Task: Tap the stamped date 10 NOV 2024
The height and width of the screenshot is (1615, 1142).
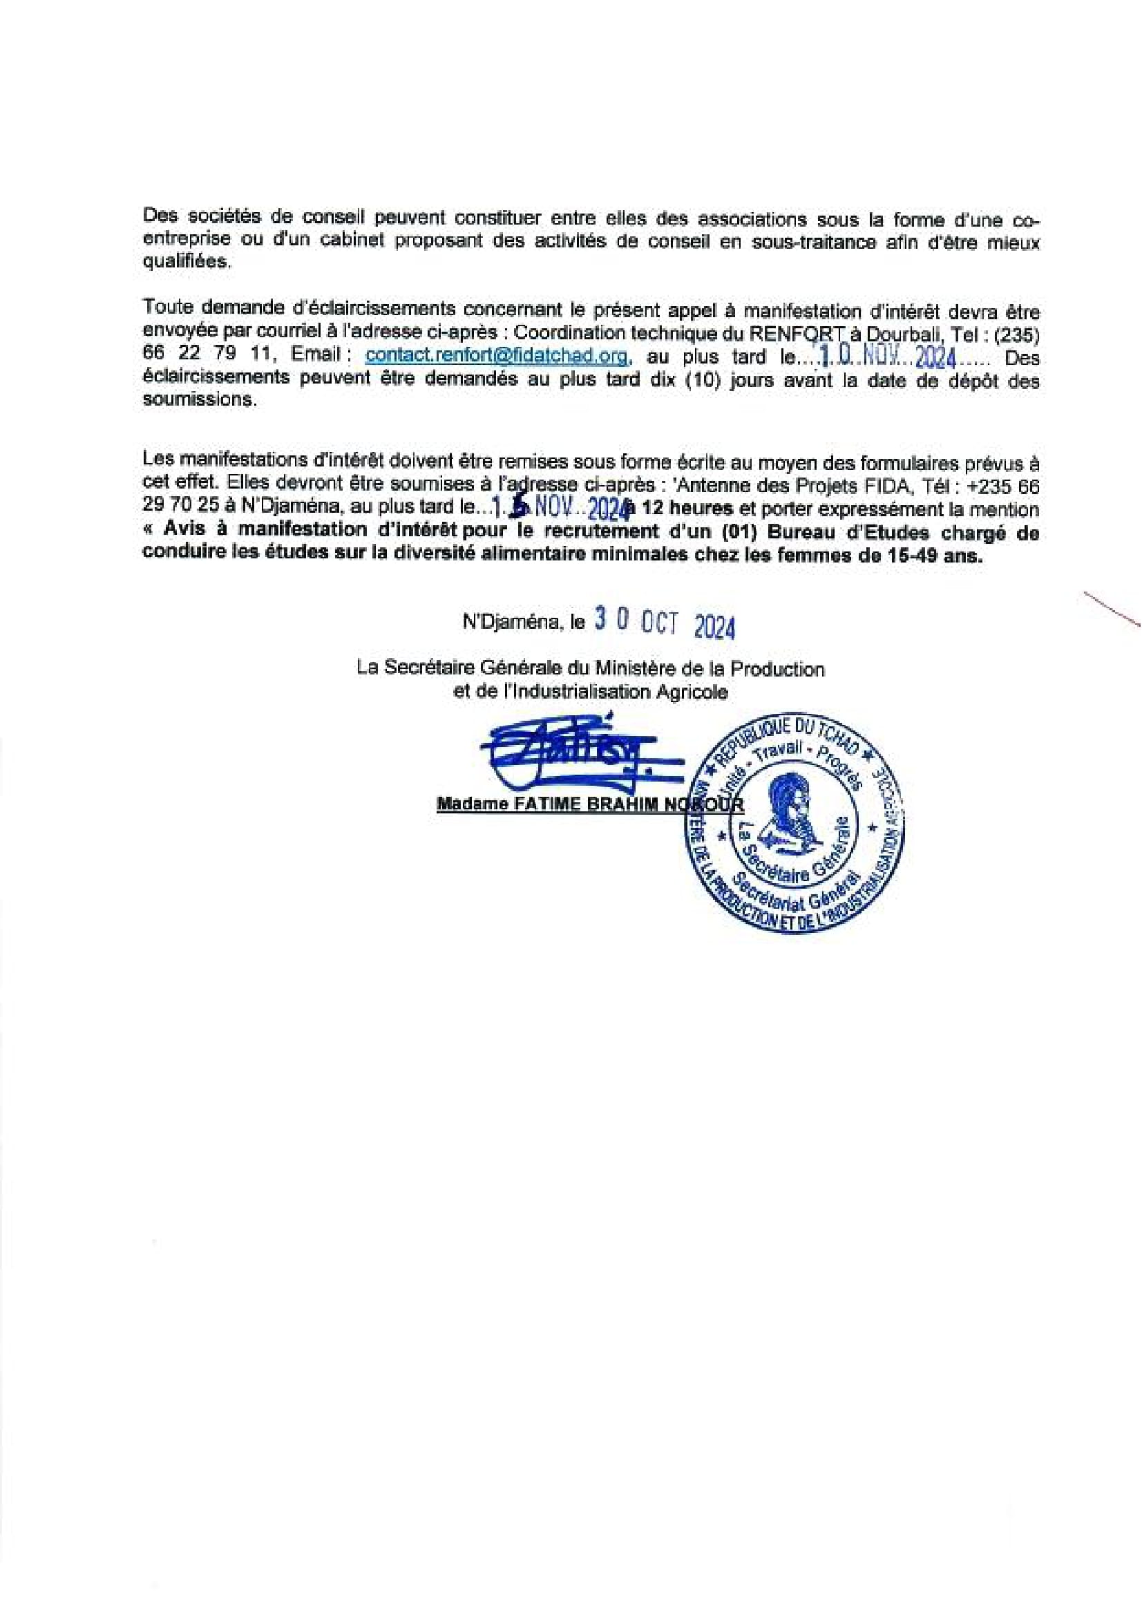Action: [889, 358]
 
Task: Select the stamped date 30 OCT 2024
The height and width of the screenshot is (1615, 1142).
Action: [665, 623]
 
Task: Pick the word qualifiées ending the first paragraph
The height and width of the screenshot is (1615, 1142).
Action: [186, 262]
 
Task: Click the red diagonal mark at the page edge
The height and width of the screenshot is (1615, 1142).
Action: [1111, 607]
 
